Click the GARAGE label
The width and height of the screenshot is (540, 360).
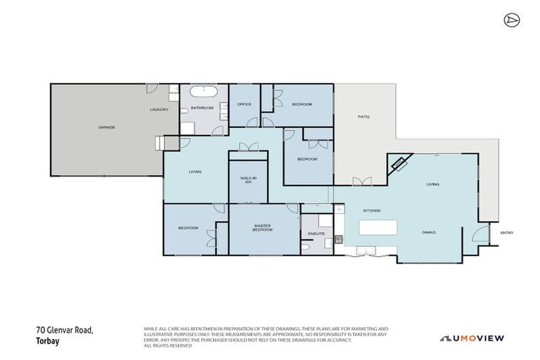tap(106, 127)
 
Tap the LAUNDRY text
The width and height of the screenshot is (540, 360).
tap(159, 110)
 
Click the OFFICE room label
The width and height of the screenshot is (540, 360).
tap(244, 104)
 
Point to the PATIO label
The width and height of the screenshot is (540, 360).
tap(364, 116)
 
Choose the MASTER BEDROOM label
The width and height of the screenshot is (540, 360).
tap(262, 229)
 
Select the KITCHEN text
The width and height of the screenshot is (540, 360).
tap(371, 210)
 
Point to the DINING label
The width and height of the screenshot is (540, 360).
tap(429, 232)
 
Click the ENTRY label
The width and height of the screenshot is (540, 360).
tap(506, 233)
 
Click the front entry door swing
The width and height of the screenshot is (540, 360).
tap(480, 235)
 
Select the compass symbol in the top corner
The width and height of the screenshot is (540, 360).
tap(510, 20)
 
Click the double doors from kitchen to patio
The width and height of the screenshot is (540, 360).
tap(364, 182)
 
